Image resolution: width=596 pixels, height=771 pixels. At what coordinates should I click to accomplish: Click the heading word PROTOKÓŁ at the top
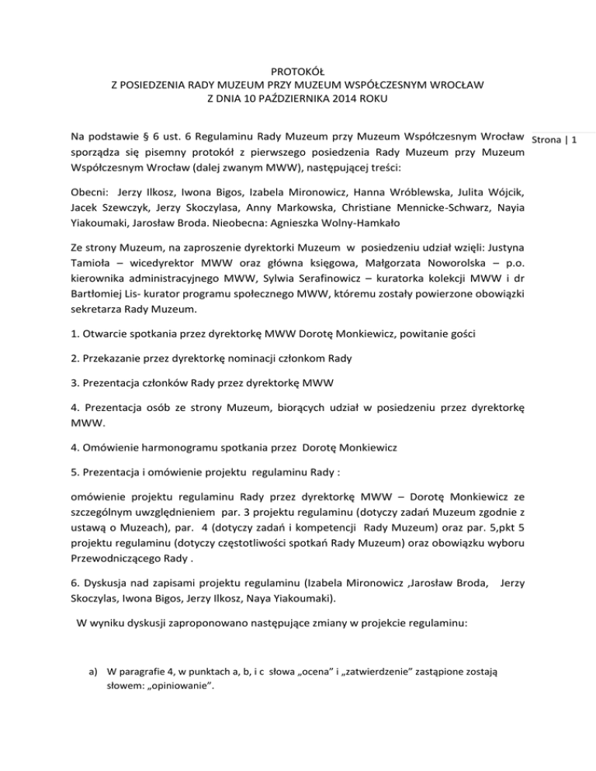(297, 69)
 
